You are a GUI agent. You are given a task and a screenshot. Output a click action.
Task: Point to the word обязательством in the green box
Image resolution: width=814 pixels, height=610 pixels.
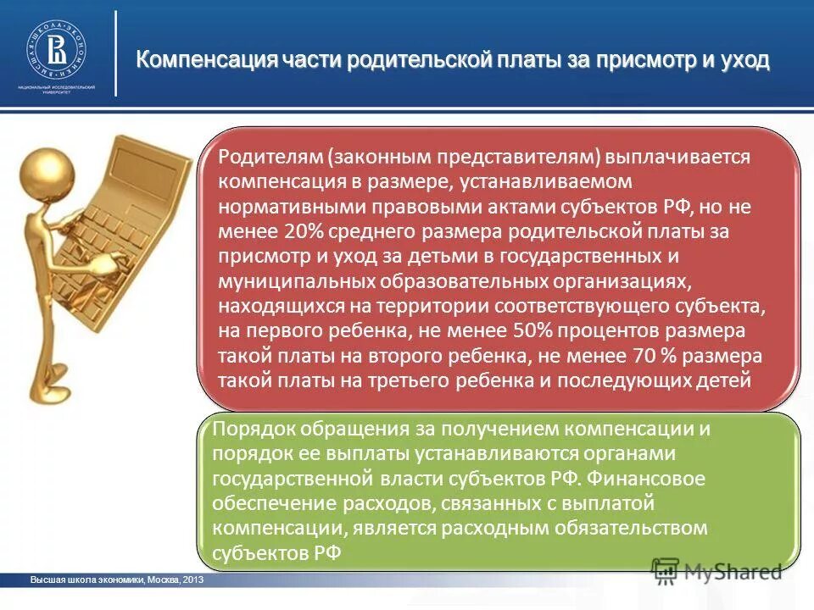point(644,528)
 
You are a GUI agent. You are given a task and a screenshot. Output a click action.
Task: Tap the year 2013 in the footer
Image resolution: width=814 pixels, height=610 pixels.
point(193,580)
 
